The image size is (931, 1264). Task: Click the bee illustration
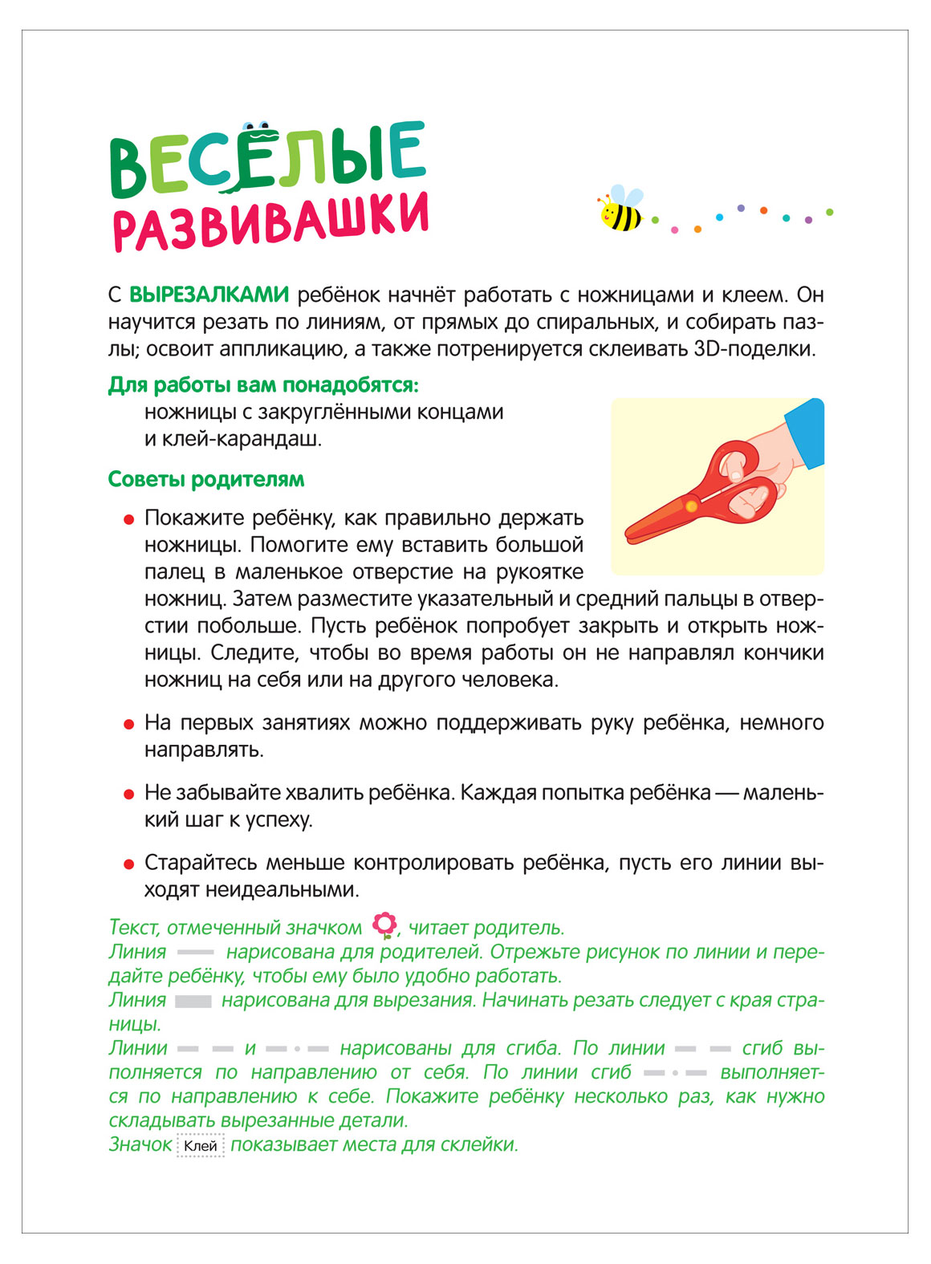pyautogui.click(x=620, y=210)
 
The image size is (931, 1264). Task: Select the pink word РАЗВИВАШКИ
pyautogui.click(x=270, y=221)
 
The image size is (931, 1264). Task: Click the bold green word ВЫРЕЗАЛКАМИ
pyautogui.click(x=209, y=295)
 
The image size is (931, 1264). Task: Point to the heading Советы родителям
pyautogui.click(x=206, y=479)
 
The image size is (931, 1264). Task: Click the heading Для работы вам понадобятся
pyautogui.click(x=263, y=385)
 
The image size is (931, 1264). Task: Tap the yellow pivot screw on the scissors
pyautogui.click(x=691, y=506)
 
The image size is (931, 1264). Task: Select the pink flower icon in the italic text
pyautogui.click(x=385, y=926)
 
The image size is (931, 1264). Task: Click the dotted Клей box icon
pyautogui.click(x=200, y=1145)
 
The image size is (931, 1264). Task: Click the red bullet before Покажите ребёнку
pyautogui.click(x=128, y=520)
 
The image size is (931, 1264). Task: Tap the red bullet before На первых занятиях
pyautogui.click(x=128, y=724)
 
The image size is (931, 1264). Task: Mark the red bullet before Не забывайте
pyautogui.click(x=128, y=794)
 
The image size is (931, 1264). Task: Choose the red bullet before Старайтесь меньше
pyautogui.click(x=128, y=864)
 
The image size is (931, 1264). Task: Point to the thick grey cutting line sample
pyautogui.click(x=193, y=1001)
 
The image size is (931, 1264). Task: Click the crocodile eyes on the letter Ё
pyautogui.click(x=256, y=126)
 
